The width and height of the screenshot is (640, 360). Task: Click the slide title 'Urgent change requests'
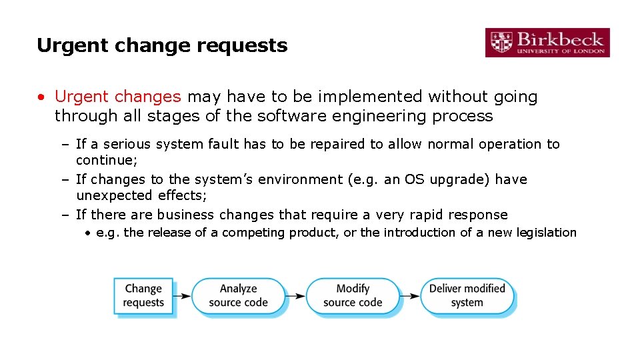[x=162, y=45]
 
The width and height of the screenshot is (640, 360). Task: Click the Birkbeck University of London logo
[x=547, y=42]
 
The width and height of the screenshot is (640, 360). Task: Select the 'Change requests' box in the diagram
[x=143, y=296]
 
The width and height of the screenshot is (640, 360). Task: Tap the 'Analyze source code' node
[x=238, y=295]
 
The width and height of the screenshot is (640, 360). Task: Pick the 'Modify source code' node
[x=353, y=295]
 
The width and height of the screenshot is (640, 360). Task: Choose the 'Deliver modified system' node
[x=467, y=295]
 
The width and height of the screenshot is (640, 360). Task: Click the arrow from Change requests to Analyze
[x=183, y=296]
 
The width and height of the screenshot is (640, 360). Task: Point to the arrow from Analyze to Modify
[x=297, y=296]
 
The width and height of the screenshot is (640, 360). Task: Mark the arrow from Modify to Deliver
[x=411, y=296]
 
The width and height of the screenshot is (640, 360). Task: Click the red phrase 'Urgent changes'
[x=117, y=97]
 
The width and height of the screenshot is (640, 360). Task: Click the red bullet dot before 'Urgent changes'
[x=41, y=97]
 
